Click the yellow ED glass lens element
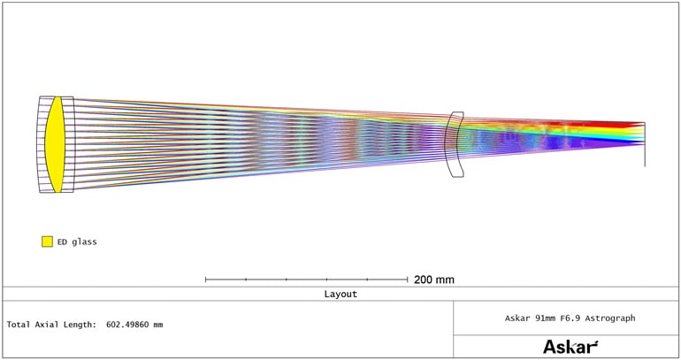click(x=55, y=144)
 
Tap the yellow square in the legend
click(x=47, y=241)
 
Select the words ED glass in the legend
click(x=77, y=241)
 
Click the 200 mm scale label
click(x=434, y=280)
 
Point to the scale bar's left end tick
click(x=205, y=280)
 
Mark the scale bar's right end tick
click(x=407, y=280)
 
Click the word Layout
click(x=340, y=294)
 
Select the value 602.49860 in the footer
click(x=128, y=325)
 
